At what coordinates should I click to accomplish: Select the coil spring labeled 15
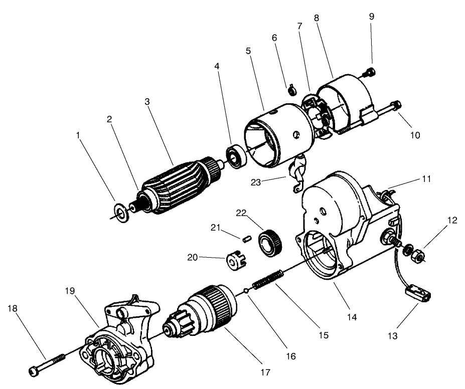[x=269, y=279]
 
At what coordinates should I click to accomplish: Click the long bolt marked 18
[x=45, y=363]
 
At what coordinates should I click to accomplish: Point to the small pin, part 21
[x=246, y=239]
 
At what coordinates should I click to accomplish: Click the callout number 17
[x=265, y=372]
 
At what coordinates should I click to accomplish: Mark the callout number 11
[x=427, y=178]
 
